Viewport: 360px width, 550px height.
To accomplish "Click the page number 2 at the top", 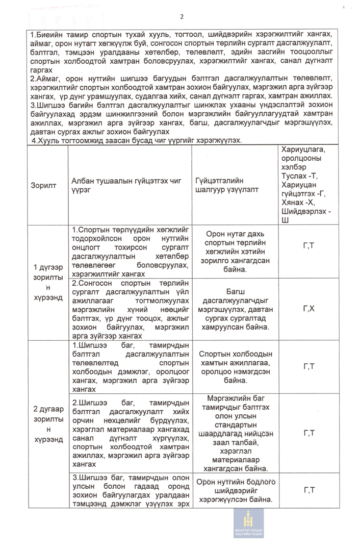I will (182, 17).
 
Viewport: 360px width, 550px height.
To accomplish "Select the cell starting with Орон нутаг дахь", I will (235, 252).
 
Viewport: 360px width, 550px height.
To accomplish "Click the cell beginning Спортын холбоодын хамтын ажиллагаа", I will (235, 367).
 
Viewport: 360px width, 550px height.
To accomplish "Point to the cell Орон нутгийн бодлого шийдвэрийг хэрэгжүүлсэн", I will (235, 491).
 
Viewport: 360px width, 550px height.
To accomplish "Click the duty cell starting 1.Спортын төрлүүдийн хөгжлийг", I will (130, 252).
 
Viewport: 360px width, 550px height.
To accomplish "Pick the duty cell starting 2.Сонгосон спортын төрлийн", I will (130, 309).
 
